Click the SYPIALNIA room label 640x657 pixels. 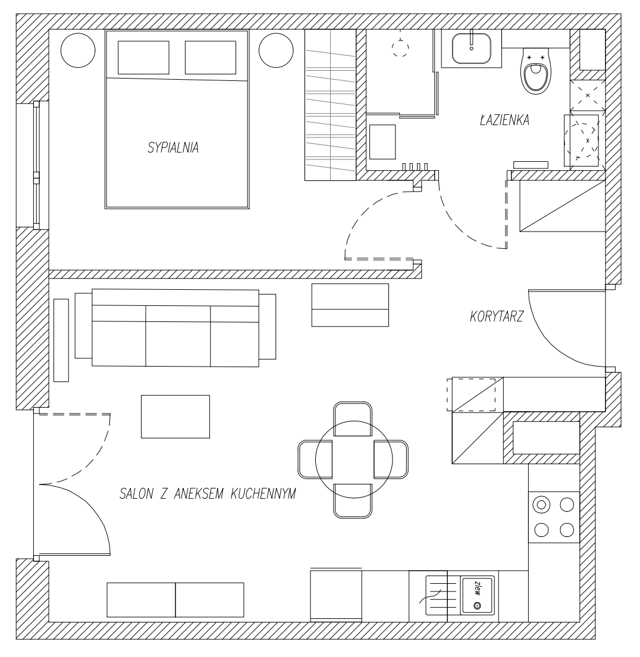[173, 148]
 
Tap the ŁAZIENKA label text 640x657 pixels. [505, 120]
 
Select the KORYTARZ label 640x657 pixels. [497, 317]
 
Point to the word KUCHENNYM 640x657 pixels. [263, 493]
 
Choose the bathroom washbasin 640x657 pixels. [472, 48]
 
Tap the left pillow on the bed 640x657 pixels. [143, 57]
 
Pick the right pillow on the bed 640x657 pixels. [211, 57]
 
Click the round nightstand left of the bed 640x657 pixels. [78, 50]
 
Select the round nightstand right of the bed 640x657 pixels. [276, 50]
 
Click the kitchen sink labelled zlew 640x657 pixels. [477, 595]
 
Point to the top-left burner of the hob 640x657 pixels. [541, 505]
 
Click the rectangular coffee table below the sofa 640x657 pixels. [175, 417]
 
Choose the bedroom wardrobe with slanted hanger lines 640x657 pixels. [330, 105]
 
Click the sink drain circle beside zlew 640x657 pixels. [476, 605]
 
